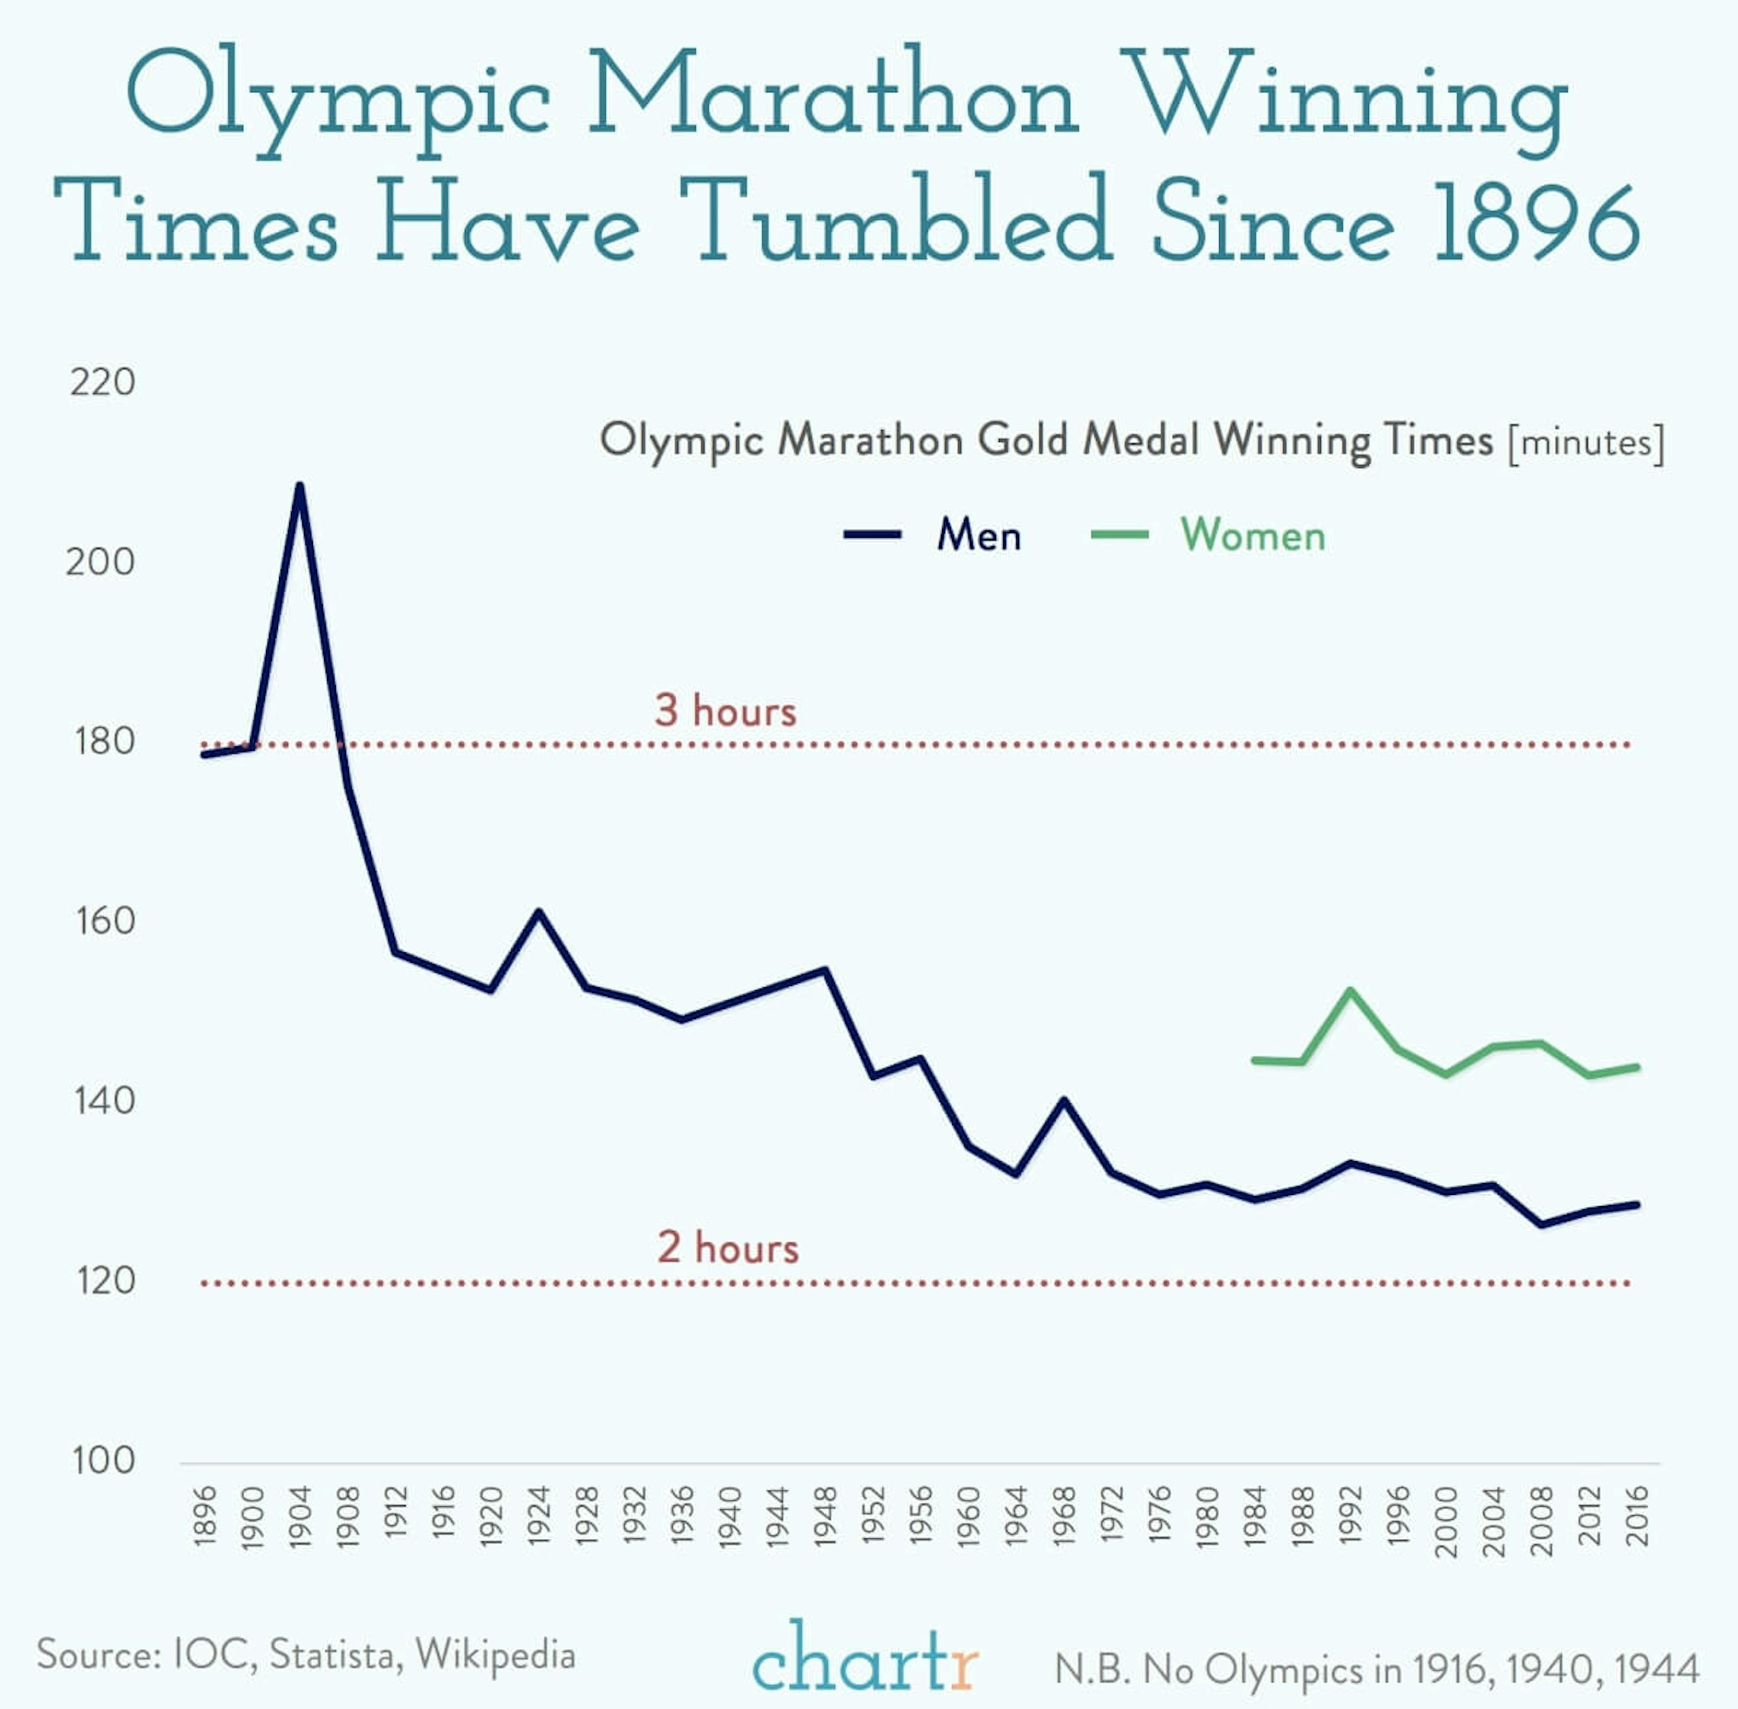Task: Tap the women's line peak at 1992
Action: (x=1350, y=991)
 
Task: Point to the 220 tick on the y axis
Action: (x=102, y=382)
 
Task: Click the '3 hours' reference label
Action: (x=726, y=711)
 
